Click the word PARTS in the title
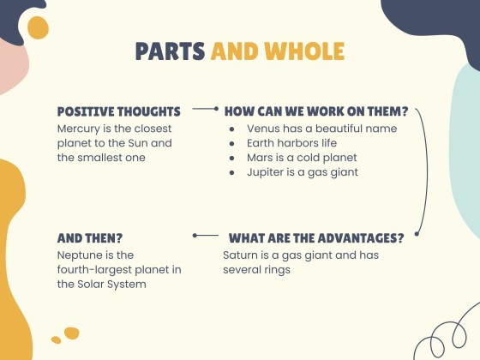(x=171, y=51)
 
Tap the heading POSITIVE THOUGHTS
(x=118, y=111)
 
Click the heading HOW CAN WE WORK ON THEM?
(x=316, y=111)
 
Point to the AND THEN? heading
(x=89, y=237)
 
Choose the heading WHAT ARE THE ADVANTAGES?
(x=316, y=237)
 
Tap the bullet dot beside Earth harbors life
(x=232, y=143)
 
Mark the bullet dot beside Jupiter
(x=232, y=172)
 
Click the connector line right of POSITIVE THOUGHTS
(x=206, y=110)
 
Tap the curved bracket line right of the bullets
(x=425, y=171)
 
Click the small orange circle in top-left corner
(x=38, y=29)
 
